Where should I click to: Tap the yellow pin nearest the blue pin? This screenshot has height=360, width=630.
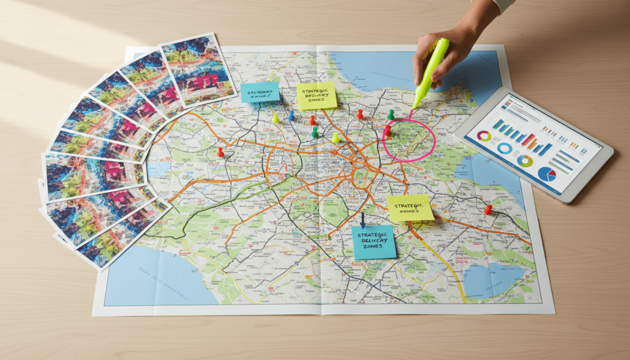(276, 116)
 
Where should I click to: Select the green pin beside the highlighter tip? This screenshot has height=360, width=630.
(391, 114)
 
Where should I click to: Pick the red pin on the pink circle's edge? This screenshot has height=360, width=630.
(388, 130)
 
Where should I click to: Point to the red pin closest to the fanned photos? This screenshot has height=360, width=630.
(220, 151)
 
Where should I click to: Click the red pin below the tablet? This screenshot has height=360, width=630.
(488, 209)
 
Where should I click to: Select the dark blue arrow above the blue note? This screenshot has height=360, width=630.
(363, 220)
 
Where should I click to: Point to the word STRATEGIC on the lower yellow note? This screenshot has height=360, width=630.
(409, 204)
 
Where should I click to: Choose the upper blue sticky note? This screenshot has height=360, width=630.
(260, 92)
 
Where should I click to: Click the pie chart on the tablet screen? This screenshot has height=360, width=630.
(547, 174)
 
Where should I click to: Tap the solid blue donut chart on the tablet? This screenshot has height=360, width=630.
(504, 148)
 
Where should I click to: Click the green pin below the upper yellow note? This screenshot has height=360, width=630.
(315, 131)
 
